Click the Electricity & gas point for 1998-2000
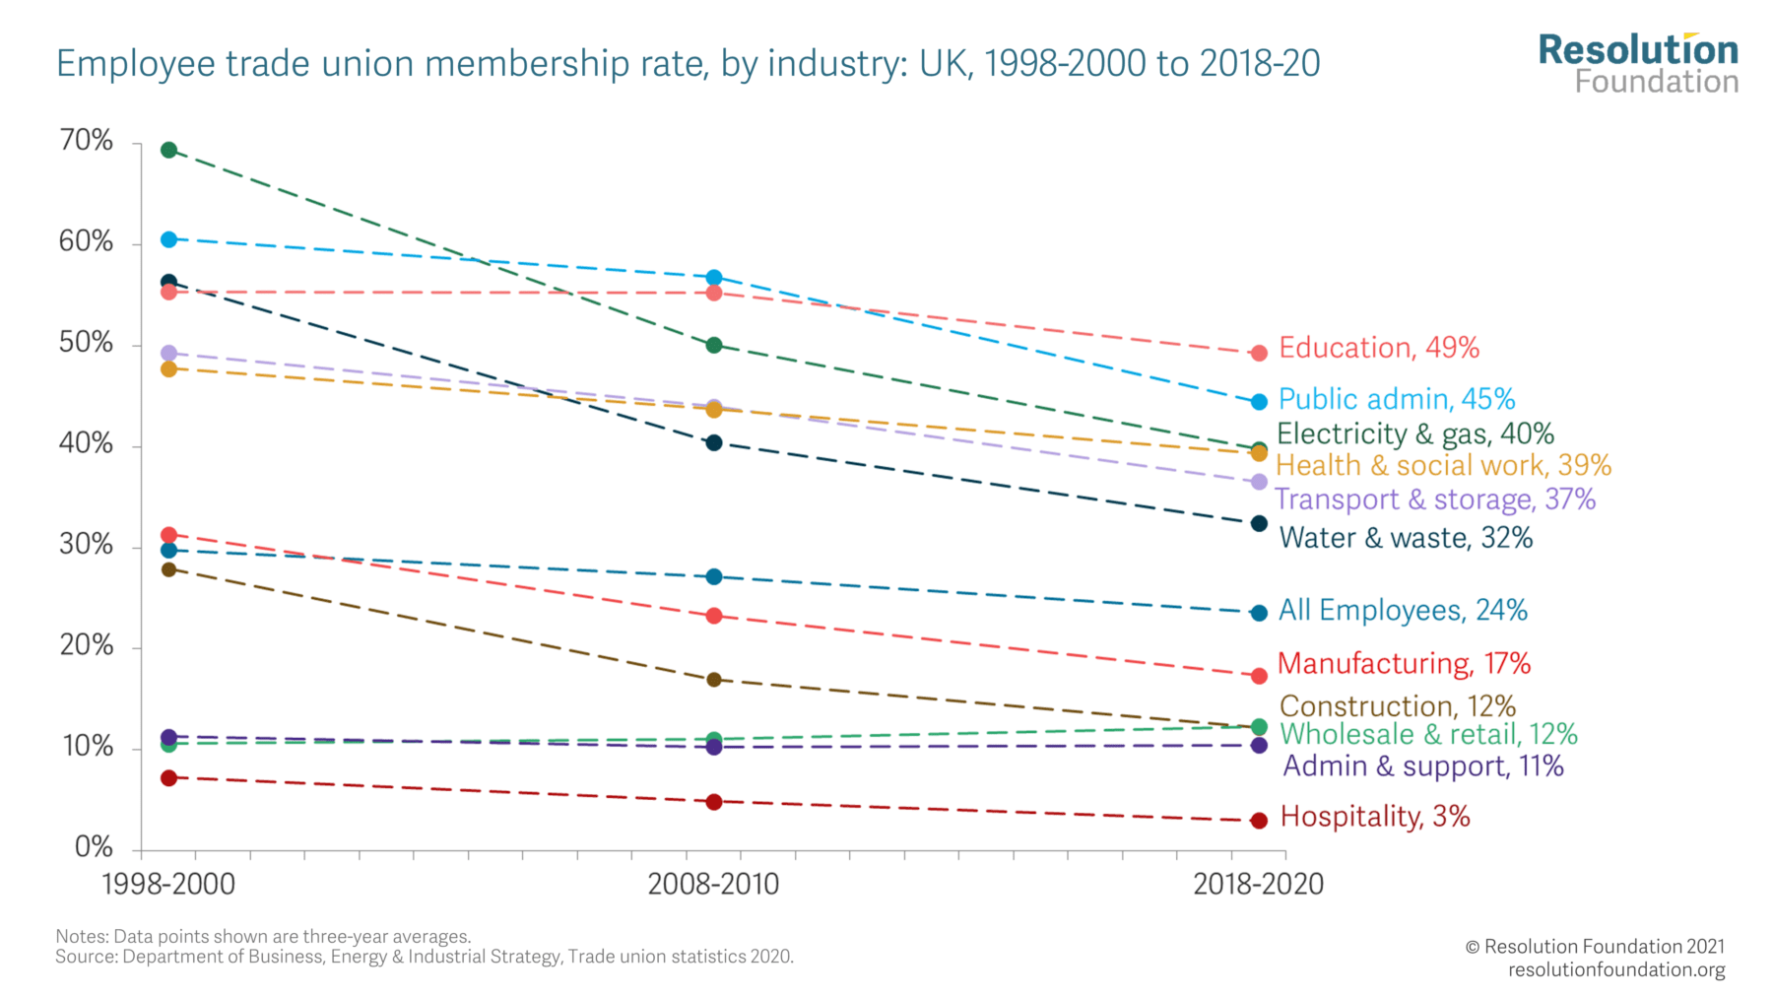click(168, 150)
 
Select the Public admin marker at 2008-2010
click(714, 278)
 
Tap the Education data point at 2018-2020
click(1259, 353)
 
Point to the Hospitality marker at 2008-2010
click(714, 802)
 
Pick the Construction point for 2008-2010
click(714, 680)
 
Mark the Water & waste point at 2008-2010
click(714, 443)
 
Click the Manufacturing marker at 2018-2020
click(1259, 676)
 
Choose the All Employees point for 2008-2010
click(714, 576)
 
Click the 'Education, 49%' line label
click(1379, 348)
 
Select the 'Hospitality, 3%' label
click(1375, 817)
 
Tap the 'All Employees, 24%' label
click(1403, 611)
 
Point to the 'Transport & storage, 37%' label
click(1435, 499)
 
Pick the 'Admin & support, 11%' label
click(1423, 766)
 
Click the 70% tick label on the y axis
click(87, 141)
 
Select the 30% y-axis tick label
click(87, 545)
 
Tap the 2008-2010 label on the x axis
click(713, 884)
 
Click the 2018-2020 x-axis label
click(1258, 884)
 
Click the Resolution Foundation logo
click(1638, 63)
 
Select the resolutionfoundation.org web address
click(1616, 970)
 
